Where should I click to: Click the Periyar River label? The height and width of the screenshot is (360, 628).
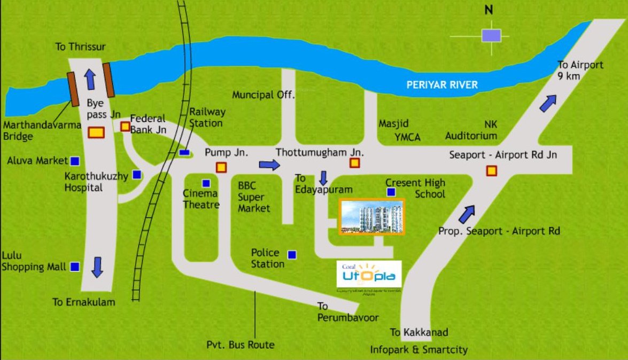(x=441, y=85)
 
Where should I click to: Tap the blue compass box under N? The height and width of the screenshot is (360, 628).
(x=491, y=35)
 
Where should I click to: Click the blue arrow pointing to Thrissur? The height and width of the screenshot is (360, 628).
(x=90, y=79)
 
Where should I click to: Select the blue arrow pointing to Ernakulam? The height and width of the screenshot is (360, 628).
(x=97, y=267)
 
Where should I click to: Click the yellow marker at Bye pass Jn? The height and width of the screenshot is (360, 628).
(x=96, y=132)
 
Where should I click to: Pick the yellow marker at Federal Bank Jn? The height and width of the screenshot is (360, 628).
(x=125, y=127)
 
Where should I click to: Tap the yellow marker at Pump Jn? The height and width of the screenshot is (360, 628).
(x=221, y=167)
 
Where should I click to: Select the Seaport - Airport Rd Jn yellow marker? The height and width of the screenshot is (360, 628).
(x=491, y=171)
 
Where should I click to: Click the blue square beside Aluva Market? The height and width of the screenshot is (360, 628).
(x=75, y=160)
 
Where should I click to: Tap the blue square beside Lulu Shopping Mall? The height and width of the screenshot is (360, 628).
(x=75, y=266)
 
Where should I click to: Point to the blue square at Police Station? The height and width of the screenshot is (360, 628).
(x=292, y=255)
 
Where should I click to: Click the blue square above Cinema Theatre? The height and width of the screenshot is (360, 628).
(x=206, y=183)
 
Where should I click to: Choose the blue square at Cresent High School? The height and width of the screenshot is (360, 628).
(x=391, y=192)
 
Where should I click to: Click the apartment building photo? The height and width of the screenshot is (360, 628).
(x=373, y=216)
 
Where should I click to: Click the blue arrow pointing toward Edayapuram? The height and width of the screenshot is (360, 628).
(x=323, y=178)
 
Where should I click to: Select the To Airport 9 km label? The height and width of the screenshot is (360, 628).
(x=580, y=70)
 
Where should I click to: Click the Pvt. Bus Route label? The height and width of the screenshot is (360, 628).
(x=241, y=345)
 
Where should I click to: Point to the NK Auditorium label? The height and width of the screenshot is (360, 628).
(x=471, y=130)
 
